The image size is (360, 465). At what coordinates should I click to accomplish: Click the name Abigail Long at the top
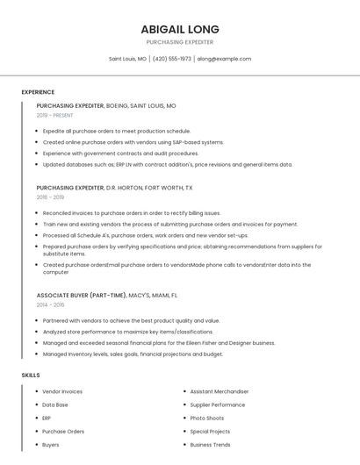pos(180,29)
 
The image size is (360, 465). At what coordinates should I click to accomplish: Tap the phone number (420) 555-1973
pos(172,59)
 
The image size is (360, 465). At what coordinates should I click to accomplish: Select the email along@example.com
pos(224,59)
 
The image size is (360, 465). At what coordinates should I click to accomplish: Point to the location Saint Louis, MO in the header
pos(127,59)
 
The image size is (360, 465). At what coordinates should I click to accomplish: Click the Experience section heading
pos(38,92)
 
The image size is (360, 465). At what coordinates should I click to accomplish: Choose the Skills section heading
pos(31,376)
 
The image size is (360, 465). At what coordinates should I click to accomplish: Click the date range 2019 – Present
pos(54,115)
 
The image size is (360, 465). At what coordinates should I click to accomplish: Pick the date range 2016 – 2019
pos(51,197)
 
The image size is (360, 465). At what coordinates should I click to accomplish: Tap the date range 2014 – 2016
pos(51,304)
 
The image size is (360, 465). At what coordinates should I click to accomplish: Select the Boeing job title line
pos(106,105)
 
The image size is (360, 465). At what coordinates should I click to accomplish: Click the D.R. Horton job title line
pos(114,188)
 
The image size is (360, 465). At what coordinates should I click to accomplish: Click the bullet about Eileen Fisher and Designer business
pos(159,343)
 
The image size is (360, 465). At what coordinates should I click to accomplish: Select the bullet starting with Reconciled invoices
pos(132,213)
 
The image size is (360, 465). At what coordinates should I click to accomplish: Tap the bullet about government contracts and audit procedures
pos(120,153)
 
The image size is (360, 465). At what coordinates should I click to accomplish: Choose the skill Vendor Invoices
pos(62,391)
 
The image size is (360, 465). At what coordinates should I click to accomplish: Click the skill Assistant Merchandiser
pos(220,391)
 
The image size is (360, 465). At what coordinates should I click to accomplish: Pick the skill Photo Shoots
pos(207,418)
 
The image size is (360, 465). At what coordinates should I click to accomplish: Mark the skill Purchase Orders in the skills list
pos(63,432)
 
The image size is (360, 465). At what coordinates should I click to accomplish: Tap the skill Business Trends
pos(211,445)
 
